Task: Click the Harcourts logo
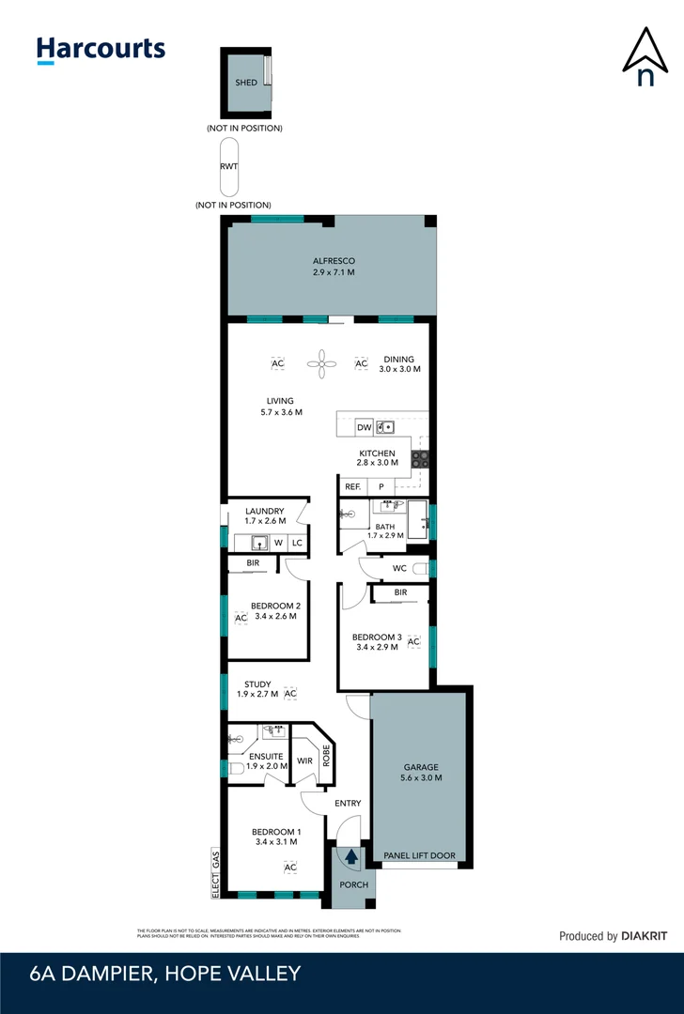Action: [x=101, y=50]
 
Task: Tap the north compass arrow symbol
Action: [x=645, y=58]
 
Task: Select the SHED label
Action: [x=246, y=83]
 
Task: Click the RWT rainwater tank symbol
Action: [x=229, y=166]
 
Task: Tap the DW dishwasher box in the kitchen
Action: [x=364, y=427]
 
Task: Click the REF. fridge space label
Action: [x=352, y=486]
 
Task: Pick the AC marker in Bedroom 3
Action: [x=412, y=641]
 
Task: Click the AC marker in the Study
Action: [x=290, y=693]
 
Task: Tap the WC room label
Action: [x=400, y=568]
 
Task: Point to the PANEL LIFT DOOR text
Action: [x=420, y=856]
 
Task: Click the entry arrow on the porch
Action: [x=351, y=855]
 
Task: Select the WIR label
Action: [x=303, y=761]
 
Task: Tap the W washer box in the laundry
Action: [x=278, y=543]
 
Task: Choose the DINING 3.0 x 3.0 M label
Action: [x=400, y=364]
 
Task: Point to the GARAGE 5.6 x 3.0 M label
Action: [x=420, y=772]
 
